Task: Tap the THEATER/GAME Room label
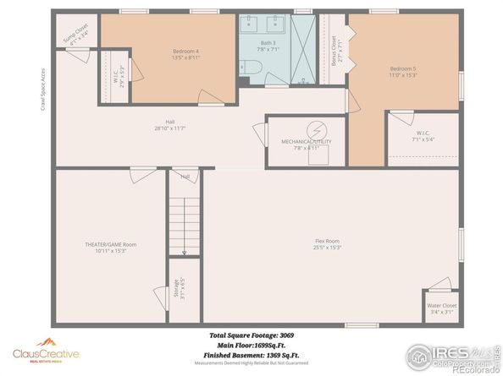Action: tap(110, 246)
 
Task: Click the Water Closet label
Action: tap(441, 307)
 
